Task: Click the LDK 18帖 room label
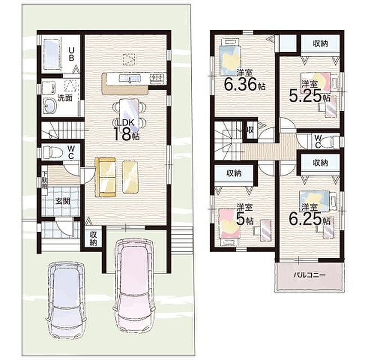[126, 130]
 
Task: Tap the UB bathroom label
[72, 54]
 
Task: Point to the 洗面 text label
[65, 98]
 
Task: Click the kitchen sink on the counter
[130, 78]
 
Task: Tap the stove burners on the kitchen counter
[156, 77]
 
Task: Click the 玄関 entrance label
[63, 201]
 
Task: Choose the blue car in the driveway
[66, 300]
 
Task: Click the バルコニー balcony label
[310, 275]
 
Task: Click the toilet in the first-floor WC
[53, 152]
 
